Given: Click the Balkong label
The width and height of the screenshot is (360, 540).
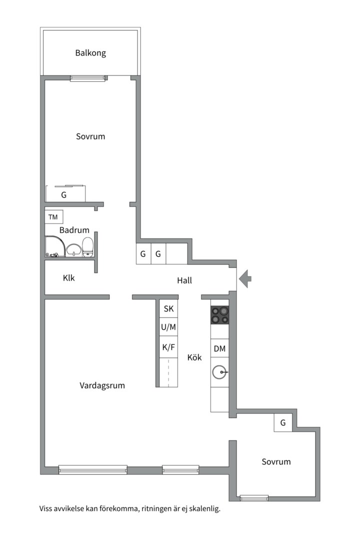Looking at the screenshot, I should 90,53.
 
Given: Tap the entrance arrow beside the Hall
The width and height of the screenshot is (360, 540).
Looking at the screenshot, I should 245,279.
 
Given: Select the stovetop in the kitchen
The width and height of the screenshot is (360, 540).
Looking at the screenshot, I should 219,314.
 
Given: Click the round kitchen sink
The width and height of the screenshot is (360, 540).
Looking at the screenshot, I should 219,372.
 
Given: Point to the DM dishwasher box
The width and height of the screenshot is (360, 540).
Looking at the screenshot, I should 219,348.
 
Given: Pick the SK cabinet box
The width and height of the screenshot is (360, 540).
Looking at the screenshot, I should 168,309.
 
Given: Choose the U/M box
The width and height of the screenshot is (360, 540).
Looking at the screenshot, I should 168,327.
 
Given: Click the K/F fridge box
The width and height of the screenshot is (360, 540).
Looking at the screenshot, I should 168,346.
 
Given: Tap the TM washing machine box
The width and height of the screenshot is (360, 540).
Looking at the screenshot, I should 53,217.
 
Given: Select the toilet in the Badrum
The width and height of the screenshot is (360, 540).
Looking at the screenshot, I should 88,246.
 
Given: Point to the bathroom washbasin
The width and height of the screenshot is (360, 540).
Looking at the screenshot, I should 73,249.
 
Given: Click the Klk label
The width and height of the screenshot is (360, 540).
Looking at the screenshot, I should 69,278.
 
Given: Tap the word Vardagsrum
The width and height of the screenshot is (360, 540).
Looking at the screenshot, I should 102,385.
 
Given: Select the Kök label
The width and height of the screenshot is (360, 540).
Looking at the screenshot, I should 194,357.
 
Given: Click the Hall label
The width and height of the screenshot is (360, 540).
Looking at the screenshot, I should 184,281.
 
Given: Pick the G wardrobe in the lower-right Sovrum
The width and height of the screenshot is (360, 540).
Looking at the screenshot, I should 283,423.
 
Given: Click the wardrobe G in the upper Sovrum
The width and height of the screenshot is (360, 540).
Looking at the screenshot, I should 64,194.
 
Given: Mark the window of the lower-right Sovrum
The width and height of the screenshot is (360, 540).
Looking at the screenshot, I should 254,497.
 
